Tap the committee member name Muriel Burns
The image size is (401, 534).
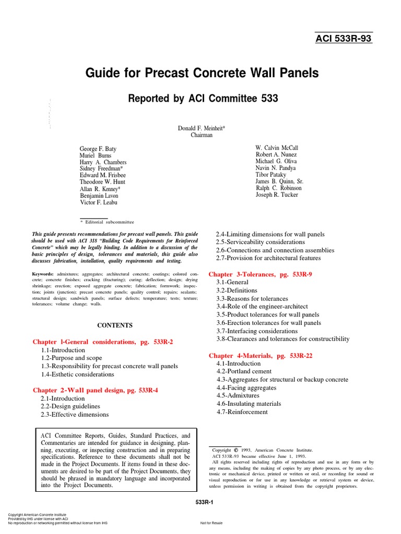(95, 155)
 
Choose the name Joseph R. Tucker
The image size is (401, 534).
(277, 195)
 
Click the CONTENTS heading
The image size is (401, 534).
(115, 325)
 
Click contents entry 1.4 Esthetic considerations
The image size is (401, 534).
(77, 374)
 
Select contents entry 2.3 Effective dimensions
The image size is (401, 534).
(75, 415)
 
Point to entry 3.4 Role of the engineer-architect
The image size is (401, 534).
(262, 307)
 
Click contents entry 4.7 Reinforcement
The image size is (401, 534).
(242, 412)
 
